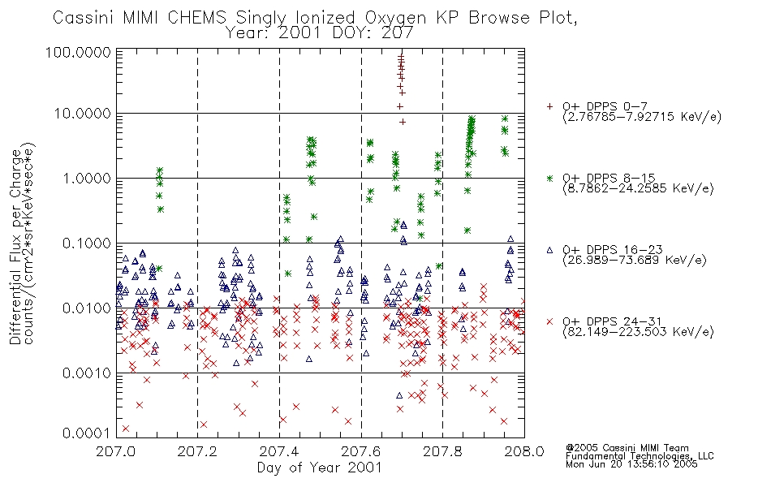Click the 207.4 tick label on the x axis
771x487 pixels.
(x=279, y=451)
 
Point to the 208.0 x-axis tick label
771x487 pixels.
(x=524, y=451)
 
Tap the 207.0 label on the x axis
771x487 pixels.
(x=116, y=451)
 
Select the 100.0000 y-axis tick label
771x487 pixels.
(x=79, y=52)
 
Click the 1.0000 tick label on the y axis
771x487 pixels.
(x=87, y=178)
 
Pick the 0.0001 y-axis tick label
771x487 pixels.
(x=87, y=433)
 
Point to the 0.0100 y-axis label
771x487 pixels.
(x=87, y=308)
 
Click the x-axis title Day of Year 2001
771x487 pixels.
(x=320, y=468)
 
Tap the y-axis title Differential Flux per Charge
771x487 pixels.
(x=15, y=246)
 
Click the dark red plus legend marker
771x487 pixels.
(x=549, y=106)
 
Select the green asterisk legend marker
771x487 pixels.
(x=549, y=178)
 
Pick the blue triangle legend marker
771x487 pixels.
(x=549, y=250)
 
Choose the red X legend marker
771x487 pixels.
(x=549, y=321)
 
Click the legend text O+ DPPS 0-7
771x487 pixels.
(x=605, y=106)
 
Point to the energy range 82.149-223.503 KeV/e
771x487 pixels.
(x=638, y=332)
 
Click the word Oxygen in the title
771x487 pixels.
(x=396, y=18)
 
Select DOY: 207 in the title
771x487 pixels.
(x=373, y=33)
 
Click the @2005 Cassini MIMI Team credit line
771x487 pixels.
(x=627, y=448)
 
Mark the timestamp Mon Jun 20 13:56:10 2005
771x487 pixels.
(x=631, y=464)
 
